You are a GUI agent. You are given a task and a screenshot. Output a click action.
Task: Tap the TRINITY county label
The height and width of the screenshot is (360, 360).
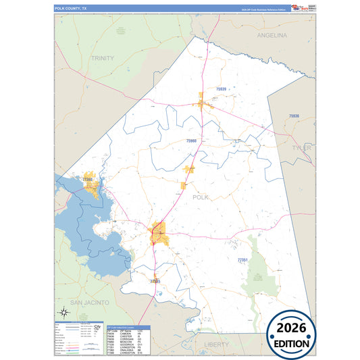tap(103, 59)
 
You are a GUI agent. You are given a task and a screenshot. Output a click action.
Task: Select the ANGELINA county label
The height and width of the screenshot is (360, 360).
tap(272, 34)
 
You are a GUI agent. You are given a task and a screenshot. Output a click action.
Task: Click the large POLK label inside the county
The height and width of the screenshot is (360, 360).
tap(201, 197)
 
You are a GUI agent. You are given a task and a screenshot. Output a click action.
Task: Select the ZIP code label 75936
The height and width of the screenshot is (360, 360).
tap(293, 116)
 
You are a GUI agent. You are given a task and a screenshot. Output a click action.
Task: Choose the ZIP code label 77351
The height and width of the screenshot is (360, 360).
tap(243, 259)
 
